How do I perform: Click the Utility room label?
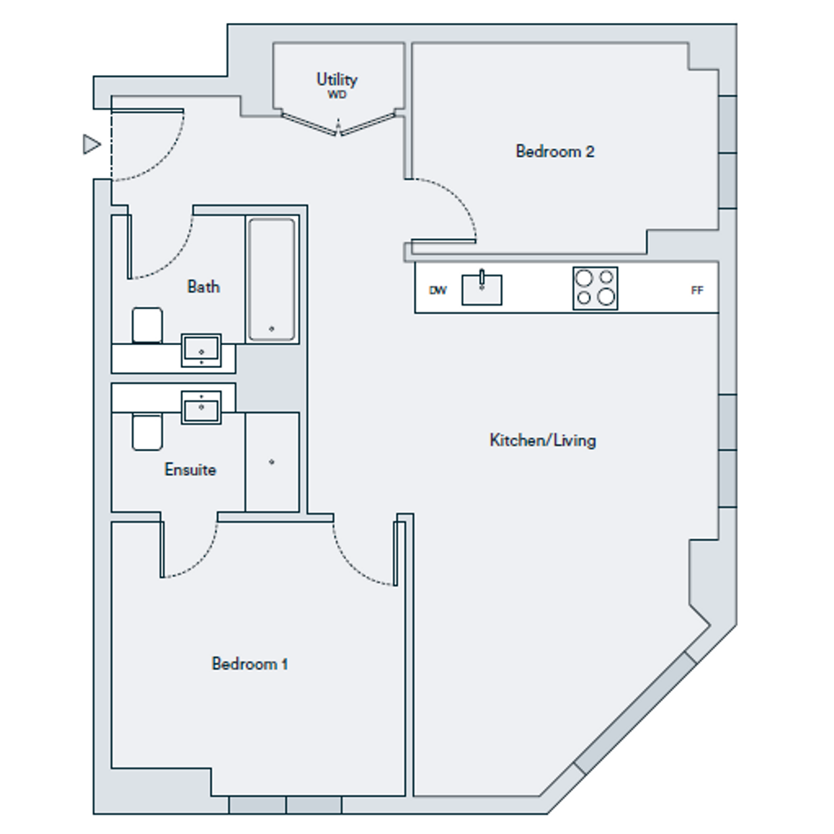337,79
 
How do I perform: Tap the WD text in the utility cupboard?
336,94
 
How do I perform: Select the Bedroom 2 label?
555,152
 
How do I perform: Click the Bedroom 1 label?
250,664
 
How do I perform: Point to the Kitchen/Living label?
543,440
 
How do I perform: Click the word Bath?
203,287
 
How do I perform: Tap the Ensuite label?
191,470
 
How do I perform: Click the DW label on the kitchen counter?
438,290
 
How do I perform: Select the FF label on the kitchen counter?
697,290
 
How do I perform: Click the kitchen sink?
481,289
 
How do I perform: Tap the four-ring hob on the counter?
595,289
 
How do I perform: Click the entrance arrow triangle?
92,144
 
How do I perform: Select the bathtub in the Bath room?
272,279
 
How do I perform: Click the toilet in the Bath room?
147,325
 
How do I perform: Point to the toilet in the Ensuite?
147,432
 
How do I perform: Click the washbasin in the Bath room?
201,350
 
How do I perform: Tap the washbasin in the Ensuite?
201,408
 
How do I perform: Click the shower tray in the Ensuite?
272,462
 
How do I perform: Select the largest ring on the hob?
606,297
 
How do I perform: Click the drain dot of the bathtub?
272,328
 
